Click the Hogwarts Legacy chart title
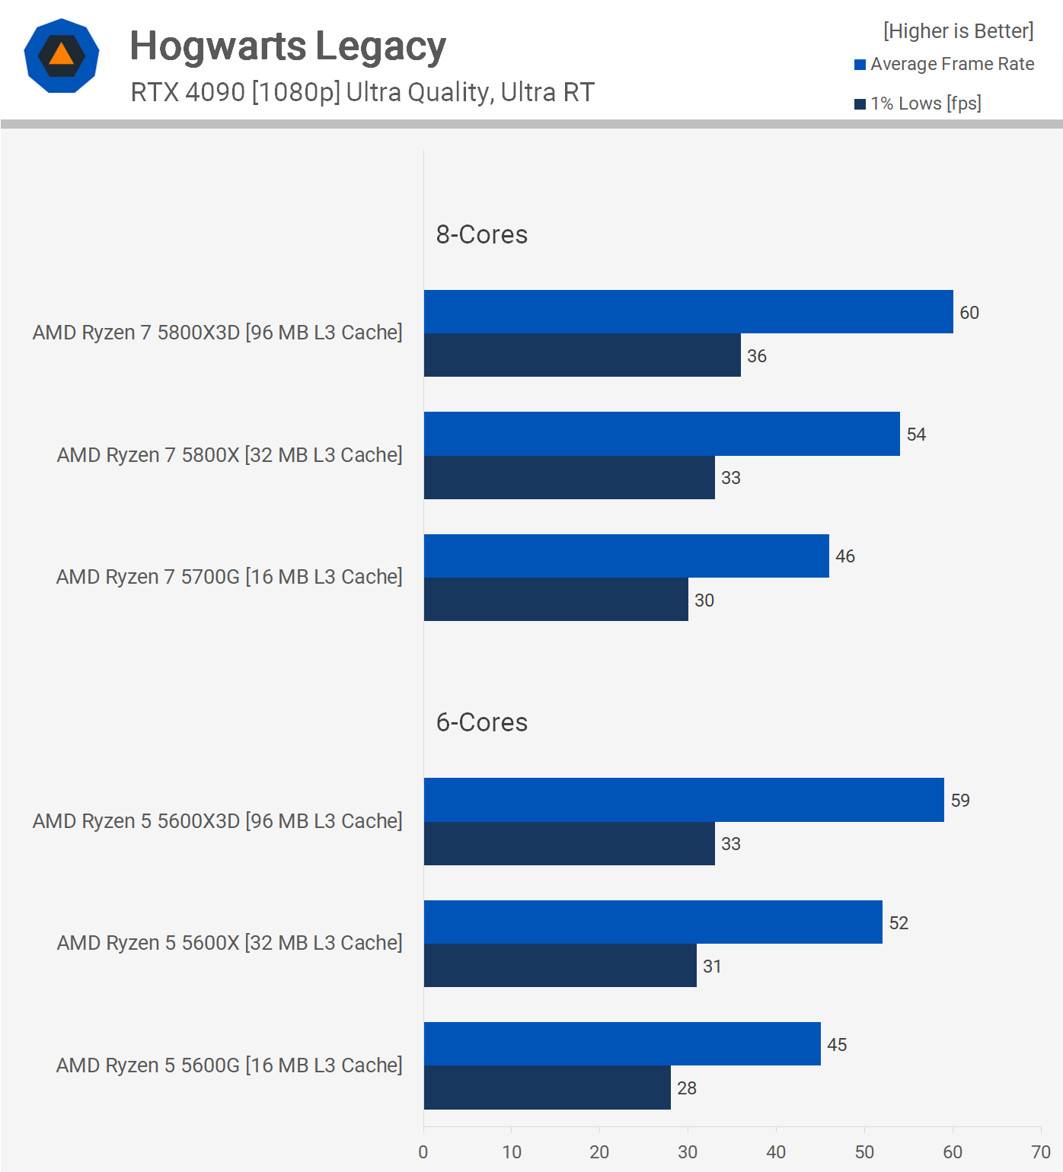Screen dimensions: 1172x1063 click(x=287, y=46)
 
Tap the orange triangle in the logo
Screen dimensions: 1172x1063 click(x=62, y=54)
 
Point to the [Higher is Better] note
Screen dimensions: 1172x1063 click(x=958, y=31)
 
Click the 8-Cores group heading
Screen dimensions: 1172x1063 click(x=481, y=234)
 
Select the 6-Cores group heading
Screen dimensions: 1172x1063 click(x=481, y=722)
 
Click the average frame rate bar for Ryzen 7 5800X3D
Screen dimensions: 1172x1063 click(x=688, y=312)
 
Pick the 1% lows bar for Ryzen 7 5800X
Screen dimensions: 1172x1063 click(x=569, y=478)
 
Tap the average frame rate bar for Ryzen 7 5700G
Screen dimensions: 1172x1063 click(x=626, y=556)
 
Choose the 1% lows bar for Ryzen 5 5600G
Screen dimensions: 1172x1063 click(x=547, y=1088)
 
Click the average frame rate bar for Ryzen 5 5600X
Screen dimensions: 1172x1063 click(x=653, y=922)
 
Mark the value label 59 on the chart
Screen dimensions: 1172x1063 click(x=960, y=801)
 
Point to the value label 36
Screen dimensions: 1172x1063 click(x=756, y=356)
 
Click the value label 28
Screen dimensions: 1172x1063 click(x=686, y=1088)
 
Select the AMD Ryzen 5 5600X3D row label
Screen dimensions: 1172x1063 click(x=217, y=821)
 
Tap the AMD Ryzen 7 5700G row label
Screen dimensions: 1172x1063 click(x=228, y=577)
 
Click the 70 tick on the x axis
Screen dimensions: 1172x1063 click(x=1040, y=1152)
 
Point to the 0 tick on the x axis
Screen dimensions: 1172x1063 click(x=423, y=1152)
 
